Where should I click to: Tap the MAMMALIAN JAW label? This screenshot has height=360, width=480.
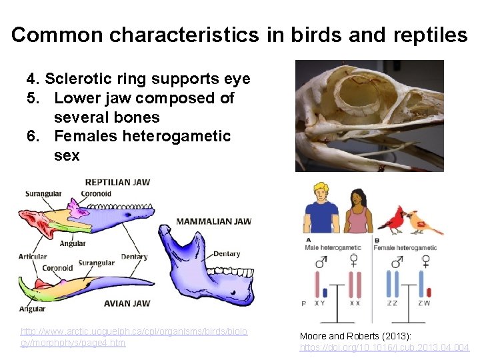[213, 221]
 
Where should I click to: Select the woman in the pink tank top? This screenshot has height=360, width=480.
[359, 212]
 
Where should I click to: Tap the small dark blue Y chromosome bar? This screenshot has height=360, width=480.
[325, 291]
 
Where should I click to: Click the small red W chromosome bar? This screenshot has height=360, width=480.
[429, 293]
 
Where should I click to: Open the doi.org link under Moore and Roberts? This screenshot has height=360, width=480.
[384, 347]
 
